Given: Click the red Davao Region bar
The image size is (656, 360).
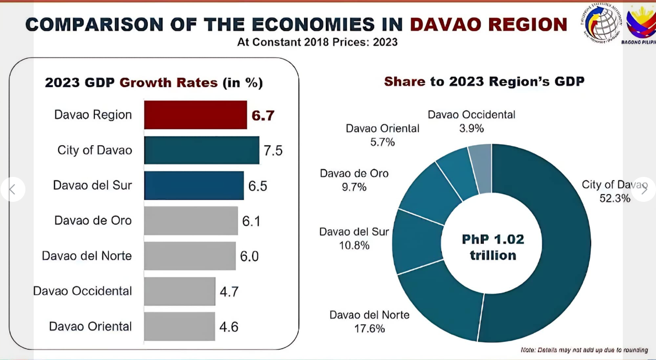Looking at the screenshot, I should pyautogui.click(x=195, y=115).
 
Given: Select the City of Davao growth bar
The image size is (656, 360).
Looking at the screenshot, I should pyautogui.click(x=201, y=150).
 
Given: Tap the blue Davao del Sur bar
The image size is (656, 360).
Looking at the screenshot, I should pyautogui.click(x=193, y=185).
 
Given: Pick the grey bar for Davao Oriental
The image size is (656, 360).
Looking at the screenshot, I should pyautogui.click(x=179, y=326).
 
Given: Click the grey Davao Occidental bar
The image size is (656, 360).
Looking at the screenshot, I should pyautogui.click(x=179, y=291).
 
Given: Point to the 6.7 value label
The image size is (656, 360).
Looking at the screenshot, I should pyautogui.click(x=263, y=115).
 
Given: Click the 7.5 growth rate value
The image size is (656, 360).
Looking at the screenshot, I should pyautogui.click(x=273, y=150).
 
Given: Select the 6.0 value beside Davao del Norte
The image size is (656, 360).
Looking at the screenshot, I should pyautogui.click(x=249, y=256).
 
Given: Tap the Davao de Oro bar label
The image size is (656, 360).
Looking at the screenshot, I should pyautogui.click(x=93, y=220).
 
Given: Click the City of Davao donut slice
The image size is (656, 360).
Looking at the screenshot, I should pyautogui.click(x=550, y=244).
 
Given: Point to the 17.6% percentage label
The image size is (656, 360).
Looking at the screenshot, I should pyautogui.click(x=369, y=328).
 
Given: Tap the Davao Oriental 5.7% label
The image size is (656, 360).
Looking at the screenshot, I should pyautogui.click(x=382, y=142).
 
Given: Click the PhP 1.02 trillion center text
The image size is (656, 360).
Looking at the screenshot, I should pyautogui.click(x=493, y=247).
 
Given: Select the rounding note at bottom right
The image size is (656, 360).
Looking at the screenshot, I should pyautogui.click(x=584, y=350).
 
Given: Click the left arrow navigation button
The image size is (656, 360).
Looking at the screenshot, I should pyautogui.click(x=13, y=189).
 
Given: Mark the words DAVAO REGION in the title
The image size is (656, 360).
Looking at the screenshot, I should pyautogui.click(x=488, y=24).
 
